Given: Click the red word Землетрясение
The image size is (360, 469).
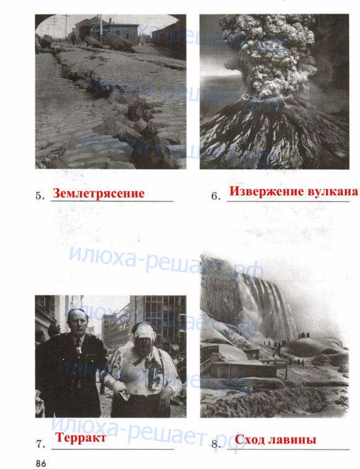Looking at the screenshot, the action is click(99, 193).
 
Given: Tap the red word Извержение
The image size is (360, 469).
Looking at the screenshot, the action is click(265, 191).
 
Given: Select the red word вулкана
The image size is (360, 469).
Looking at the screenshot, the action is click(331, 191).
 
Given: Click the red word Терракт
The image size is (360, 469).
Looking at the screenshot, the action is click(81, 437).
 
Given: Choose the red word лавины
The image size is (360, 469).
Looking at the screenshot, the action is click(292, 440).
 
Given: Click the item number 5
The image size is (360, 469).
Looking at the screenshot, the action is click(40, 196).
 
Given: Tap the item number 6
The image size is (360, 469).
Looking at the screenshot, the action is click(216, 196).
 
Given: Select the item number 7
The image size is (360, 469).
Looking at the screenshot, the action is click(40, 444).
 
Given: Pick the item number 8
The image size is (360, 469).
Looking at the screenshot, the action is click(216, 444).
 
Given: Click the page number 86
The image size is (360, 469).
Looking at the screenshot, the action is click(41, 463).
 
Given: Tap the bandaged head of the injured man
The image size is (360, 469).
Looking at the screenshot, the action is click(144, 333).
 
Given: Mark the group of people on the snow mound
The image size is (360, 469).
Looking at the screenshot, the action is click(304, 336).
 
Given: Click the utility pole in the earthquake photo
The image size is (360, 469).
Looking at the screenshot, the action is click(66, 27).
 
